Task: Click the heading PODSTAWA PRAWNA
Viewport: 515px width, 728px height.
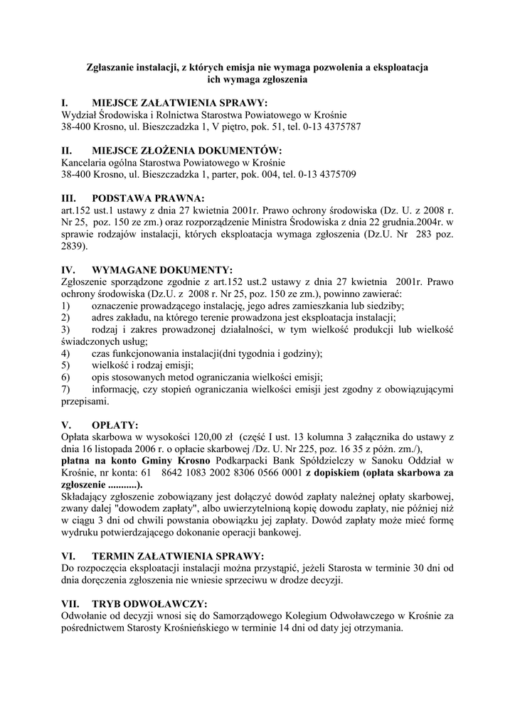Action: tap(149, 197)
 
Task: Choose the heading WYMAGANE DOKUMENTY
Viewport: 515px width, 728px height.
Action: tap(162, 270)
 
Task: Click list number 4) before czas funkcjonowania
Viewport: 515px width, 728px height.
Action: tap(65, 353)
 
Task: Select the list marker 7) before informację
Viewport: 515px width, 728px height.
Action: tap(65, 390)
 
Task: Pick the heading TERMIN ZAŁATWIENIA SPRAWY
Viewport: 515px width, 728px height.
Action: tap(178, 556)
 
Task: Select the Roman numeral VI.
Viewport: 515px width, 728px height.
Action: tap(68, 556)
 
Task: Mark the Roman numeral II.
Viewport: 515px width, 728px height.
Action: tap(66, 150)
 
